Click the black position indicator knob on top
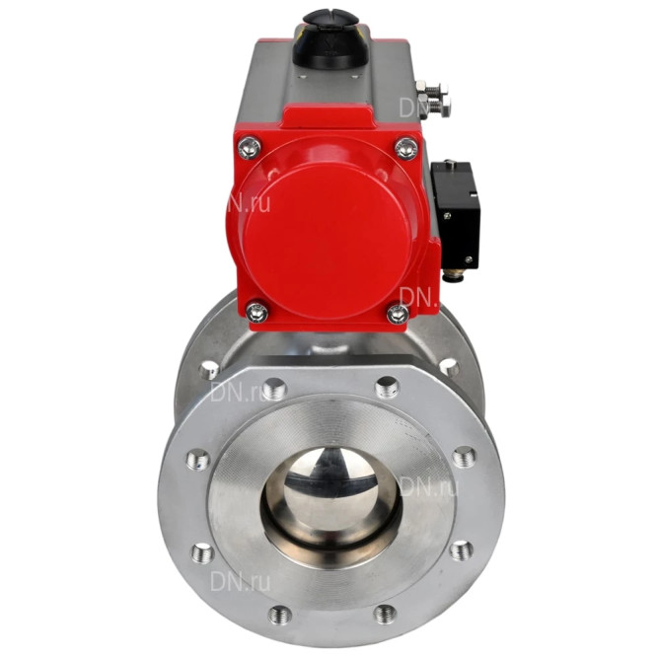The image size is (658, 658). click(330, 38)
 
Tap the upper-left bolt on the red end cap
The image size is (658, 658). click(250, 147)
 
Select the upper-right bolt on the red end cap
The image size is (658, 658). click(406, 148)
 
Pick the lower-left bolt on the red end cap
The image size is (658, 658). click(256, 312)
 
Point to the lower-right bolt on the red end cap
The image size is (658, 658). click(398, 313)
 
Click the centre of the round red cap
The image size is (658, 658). click(327, 238)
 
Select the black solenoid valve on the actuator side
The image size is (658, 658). click(456, 215)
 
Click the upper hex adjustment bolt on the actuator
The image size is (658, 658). click(431, 89)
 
